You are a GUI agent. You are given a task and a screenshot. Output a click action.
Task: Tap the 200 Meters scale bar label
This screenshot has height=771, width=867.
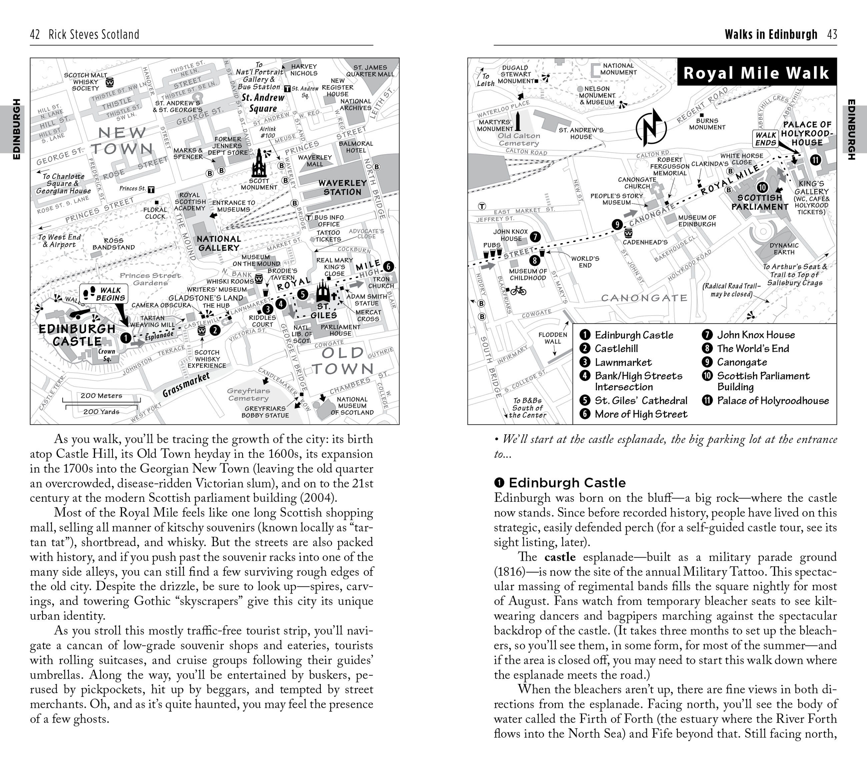pos(101,395)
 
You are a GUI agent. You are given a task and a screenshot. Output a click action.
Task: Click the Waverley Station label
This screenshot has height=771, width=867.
pos(342,187)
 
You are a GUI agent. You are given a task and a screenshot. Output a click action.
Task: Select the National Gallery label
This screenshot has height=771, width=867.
pos(218,243)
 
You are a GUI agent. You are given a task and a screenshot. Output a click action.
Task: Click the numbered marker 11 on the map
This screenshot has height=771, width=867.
pos(815,160)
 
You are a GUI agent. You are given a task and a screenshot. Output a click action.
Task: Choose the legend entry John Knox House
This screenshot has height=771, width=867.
pos(755,335)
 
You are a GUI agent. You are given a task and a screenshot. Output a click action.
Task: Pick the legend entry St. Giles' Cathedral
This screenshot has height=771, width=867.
pos(641,401)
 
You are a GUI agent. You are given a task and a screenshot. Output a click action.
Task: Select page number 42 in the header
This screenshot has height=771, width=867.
pos(35,34)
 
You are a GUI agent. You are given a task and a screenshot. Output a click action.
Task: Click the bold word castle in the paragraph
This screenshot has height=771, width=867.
pos(560,557)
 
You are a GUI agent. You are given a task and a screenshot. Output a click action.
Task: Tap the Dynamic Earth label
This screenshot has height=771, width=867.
pos(784,249)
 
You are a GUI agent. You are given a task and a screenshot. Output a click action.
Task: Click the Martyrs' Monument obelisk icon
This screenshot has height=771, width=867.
pos(518,122)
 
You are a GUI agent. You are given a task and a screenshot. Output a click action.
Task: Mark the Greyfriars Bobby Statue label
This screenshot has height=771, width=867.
pos(265,412)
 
